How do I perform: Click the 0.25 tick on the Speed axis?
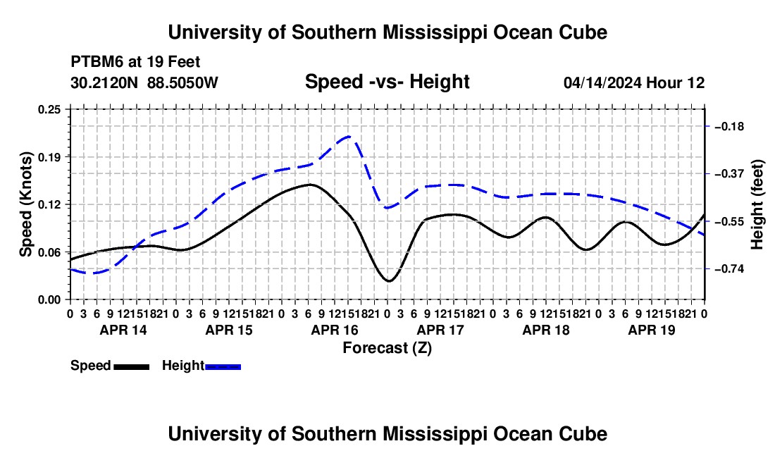coord(49,110)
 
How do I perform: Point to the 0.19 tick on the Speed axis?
coord(49,157)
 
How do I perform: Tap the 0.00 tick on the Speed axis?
coord(49,300)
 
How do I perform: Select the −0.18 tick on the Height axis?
coord(729,127)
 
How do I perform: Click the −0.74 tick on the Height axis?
coord(729,268)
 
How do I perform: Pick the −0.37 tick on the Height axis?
coord(729,174)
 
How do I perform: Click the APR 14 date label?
coord(123,330)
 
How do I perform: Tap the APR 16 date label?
coord(335,330)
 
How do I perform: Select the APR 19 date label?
coord(652,330)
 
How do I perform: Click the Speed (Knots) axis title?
coord(25,204)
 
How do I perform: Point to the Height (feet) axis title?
coord(757,204)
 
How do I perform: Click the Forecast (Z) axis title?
coord(387,348)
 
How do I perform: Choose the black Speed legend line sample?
coord(132,366)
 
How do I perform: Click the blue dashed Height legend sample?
coord(223,366)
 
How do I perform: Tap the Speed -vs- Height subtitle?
coord(387,82)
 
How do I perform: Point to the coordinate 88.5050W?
coord(182,82)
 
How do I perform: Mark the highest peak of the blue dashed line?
coord(349,136)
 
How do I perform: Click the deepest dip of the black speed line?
coord(389,281)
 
